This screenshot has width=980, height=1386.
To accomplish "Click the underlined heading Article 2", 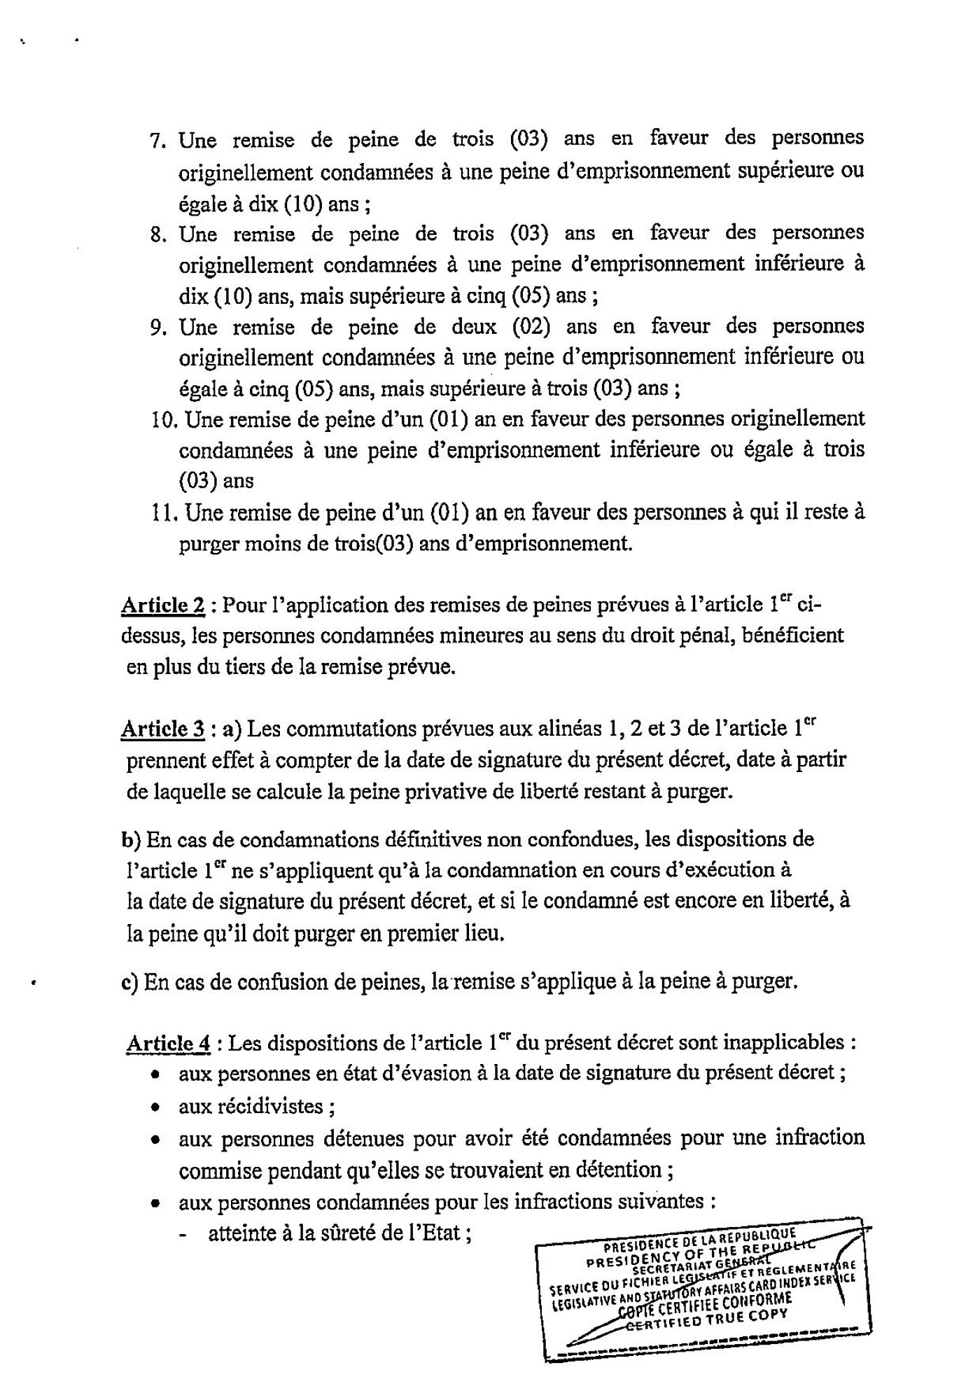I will [x=163, y=605].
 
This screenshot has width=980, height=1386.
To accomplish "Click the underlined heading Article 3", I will [x=163, y=729].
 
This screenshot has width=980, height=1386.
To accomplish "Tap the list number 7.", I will [x=157, y=141].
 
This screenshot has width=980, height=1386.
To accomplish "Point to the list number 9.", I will [x=157, y=328].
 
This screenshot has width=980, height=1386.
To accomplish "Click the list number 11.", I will [x=162, y=514].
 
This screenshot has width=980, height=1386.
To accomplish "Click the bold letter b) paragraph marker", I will [x=131, y=839].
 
